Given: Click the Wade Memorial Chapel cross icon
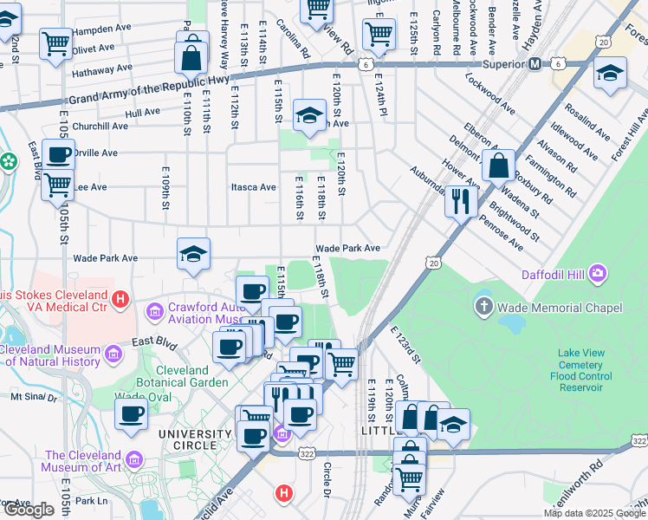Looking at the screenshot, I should pos(483,307).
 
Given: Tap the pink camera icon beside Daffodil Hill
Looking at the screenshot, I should pos(597,276).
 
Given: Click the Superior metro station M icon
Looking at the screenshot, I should pos(535,63).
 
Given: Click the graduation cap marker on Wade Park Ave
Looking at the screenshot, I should pos(194,253).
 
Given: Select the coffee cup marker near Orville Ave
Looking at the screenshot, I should pos(59,155).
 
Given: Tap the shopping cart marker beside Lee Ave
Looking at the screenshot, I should pos(58,184).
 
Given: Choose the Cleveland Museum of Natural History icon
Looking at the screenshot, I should pos(113,354).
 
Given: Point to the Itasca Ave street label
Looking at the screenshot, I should pos(252,187).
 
